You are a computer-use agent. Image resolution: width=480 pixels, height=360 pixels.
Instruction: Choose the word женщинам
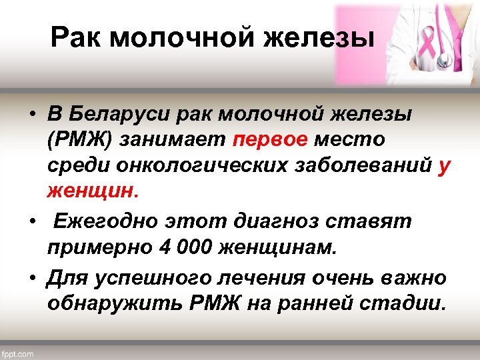click(287, 248)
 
